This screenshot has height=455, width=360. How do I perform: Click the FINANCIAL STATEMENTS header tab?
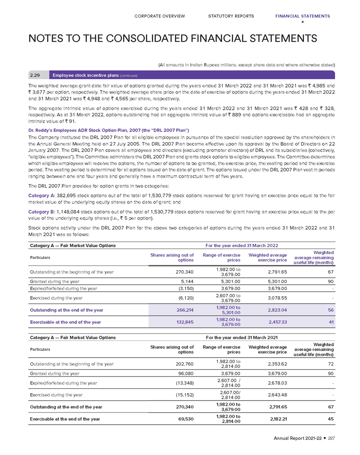[x=302, y=16]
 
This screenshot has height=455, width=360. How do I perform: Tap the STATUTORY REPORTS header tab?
[x=231, y=16]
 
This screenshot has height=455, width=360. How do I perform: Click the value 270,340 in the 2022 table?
[x=184, y=272]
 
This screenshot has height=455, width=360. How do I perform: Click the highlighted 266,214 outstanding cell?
[x=184, y=310]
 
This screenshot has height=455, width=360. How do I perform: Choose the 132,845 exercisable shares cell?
[x=184, y=322]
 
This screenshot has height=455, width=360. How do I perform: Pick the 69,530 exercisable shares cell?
[x=185, y=419]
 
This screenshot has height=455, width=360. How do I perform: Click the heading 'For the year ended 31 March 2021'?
[x=241, y=337]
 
